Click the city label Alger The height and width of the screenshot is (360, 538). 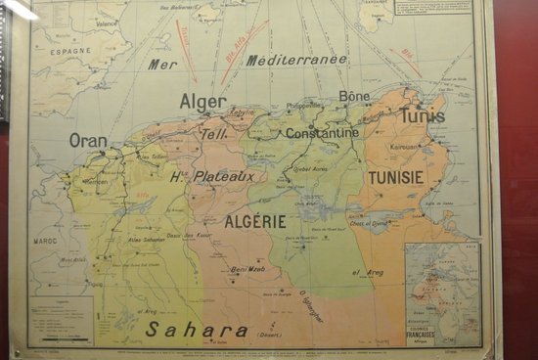coord(202,101)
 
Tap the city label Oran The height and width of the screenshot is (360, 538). coord(88,140)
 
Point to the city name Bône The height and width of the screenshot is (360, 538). coord(354,96)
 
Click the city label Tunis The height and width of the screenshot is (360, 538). coord(423,115)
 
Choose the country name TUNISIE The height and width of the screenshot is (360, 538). coord(396,177)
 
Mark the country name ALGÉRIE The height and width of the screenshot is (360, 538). coord(255,222)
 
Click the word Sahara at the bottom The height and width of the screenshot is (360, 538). coord(197,330)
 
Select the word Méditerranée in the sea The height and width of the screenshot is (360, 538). coord(296,60)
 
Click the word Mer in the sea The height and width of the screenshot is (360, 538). coord(162,65)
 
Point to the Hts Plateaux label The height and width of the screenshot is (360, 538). coord(212,176)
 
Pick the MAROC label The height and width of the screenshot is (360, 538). coord(45,240)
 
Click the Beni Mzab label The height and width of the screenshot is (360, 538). coord(248,269)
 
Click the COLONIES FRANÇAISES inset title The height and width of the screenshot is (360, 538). coord(424,333)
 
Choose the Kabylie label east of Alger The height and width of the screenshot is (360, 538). coord(241,112)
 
